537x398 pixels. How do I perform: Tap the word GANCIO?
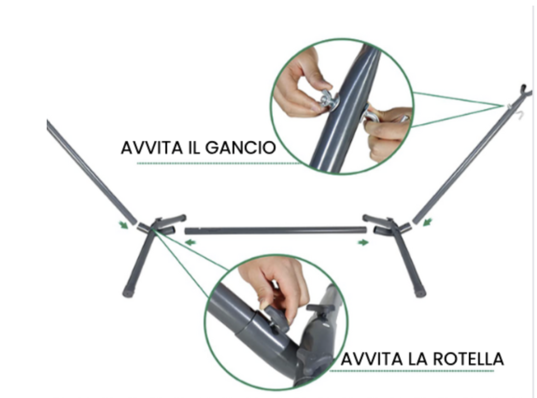[x=241, y=148]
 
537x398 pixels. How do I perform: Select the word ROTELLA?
[x=468, y=359]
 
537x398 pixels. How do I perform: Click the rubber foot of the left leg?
[x=128, y=293]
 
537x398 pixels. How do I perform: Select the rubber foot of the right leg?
[x=420, y=293]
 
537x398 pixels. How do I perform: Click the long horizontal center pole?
[x=276, y=230]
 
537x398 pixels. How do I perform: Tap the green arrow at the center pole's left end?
[x=190, y=242]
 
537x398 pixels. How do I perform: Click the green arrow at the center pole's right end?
[x=363, y=242]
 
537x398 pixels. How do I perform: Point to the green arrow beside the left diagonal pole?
[x=123, y=224]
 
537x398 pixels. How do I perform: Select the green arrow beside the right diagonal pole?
[x=427, y=222]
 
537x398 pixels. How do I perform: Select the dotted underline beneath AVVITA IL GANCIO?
[x=219, y=164]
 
